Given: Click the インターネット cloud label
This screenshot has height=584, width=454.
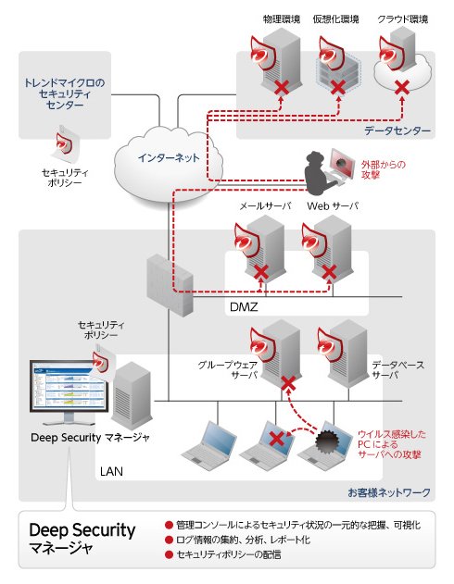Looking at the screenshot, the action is click(169, 158).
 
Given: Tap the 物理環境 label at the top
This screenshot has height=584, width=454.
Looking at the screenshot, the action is click(282, 19).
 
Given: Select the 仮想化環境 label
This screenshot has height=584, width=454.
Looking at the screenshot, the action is click(335, 19).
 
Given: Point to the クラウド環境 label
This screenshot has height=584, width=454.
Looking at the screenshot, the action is click(402, 19).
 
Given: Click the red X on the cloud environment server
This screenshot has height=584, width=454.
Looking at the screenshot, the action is click(402, 88).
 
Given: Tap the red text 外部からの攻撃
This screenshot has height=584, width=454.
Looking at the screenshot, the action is click(383, 169).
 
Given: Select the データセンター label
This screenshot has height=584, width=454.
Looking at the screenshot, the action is click(397, 130).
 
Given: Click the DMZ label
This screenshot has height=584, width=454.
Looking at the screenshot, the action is click(244, 307).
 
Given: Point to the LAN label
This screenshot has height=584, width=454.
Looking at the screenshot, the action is click(111, 471).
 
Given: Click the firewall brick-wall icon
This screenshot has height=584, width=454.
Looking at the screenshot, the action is click(170, 285).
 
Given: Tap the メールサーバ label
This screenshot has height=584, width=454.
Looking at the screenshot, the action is click(265, 206).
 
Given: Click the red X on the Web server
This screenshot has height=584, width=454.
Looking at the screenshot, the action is click(329, 272).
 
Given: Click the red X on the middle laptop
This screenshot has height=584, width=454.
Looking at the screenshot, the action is click(276, 439).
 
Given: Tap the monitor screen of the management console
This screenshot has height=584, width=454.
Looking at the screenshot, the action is click(69, 386).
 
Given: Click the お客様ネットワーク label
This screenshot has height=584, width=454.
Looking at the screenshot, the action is click(389, 492).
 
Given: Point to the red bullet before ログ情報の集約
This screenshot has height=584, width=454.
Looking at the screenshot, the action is click(169, 540).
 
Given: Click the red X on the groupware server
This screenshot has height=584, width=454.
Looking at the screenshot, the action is click(288, 383).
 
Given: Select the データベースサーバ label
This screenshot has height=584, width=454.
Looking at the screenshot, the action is click(398, 370).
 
